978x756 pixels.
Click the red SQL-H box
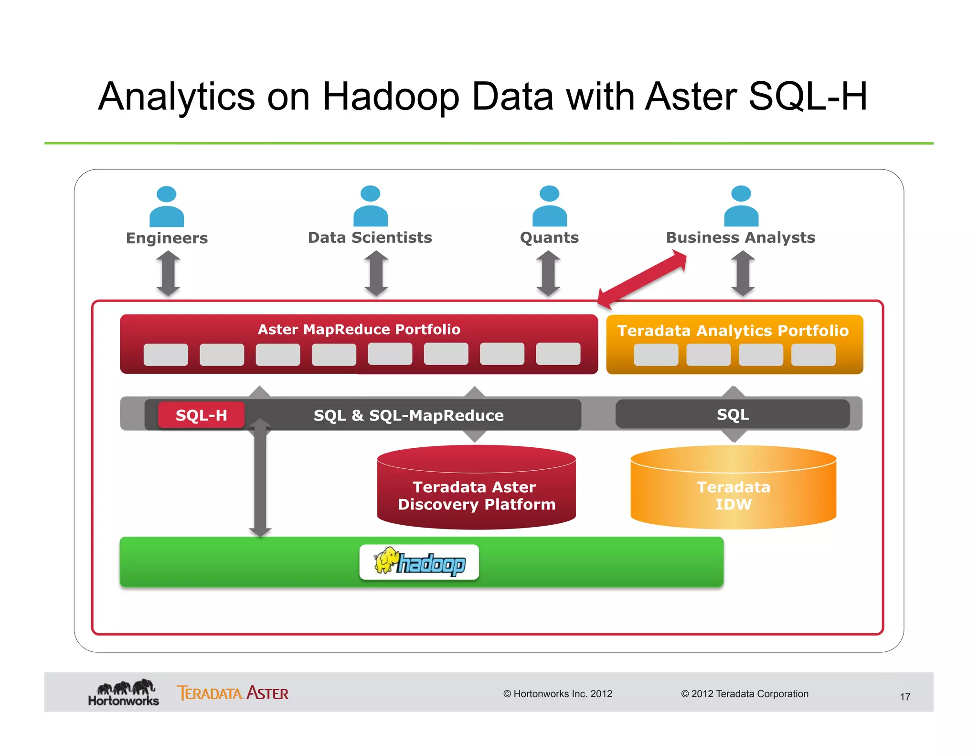201,415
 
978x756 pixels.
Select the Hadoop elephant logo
419,562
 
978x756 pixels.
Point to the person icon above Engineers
167,206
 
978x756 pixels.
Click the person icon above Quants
549,206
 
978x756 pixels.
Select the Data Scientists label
370,238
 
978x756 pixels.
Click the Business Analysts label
740,238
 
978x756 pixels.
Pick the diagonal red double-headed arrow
642,281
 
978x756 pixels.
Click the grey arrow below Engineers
168,274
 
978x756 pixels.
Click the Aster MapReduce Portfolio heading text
359,329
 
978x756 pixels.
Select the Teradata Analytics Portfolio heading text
733,331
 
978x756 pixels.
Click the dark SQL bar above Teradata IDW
733,414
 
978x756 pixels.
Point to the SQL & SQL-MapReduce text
408,415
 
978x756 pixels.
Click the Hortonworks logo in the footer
124,693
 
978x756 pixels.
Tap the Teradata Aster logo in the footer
233,693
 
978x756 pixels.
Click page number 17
905,697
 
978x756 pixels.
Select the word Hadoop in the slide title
391,97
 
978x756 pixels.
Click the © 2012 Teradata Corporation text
744,694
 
